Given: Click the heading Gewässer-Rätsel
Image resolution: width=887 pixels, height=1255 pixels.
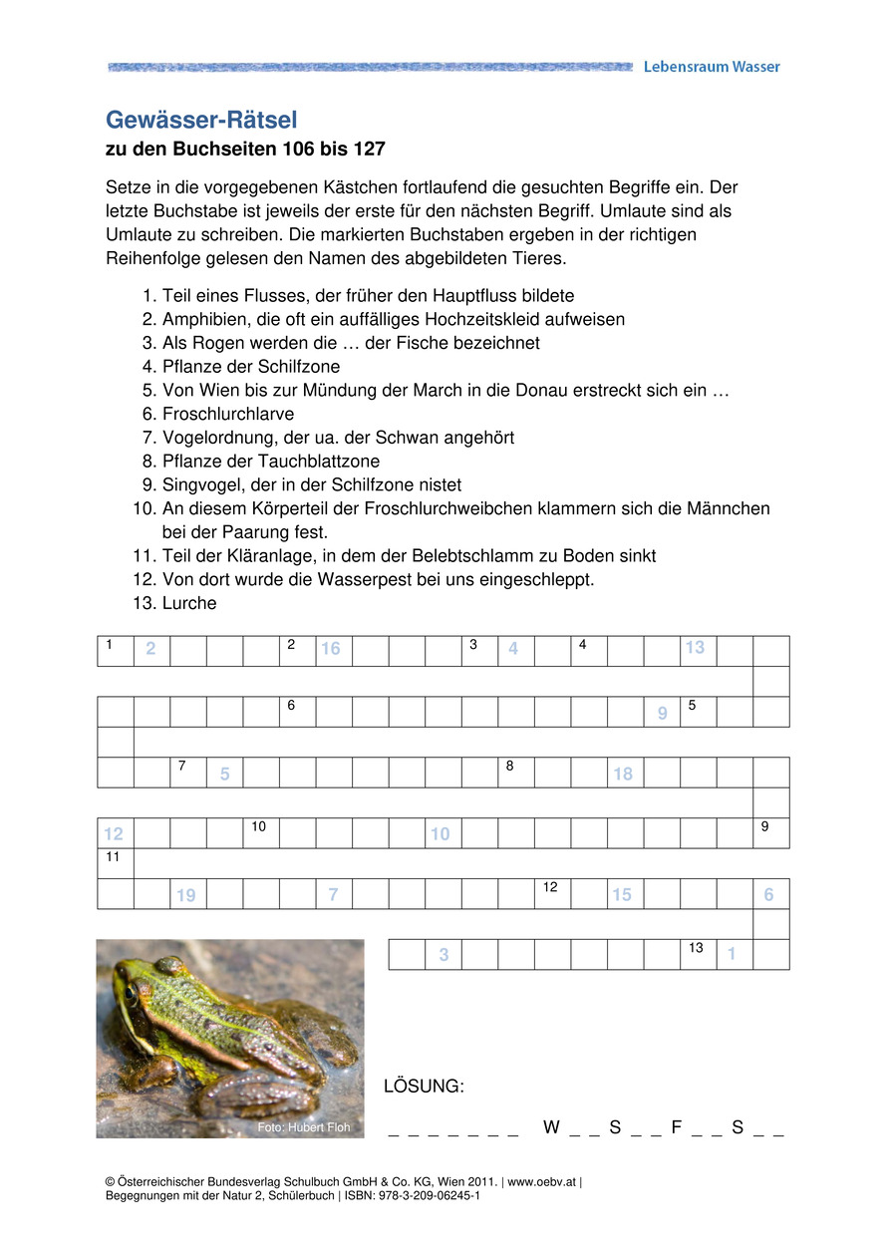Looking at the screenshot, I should pos(201,121).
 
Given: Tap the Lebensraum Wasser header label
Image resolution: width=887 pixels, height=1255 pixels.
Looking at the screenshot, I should pos(712,67).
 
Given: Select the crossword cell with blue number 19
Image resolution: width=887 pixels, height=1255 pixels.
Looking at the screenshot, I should pos(187,894).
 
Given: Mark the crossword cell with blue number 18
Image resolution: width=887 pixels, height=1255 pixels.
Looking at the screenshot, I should pos(625,773).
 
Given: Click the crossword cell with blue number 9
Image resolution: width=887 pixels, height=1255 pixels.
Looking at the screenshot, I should pos(662,712).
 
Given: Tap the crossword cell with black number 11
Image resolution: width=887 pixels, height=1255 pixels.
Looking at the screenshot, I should pos(115,863).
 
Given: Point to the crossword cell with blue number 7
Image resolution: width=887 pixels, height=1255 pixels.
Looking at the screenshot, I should pos(333,894).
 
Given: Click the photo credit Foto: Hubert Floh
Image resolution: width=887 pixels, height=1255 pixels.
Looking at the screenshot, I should pos(304,1127).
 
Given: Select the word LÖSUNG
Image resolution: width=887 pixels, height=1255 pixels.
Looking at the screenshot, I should pos(424,1086).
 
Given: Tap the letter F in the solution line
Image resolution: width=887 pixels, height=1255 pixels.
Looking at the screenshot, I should pos(677,1127).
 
